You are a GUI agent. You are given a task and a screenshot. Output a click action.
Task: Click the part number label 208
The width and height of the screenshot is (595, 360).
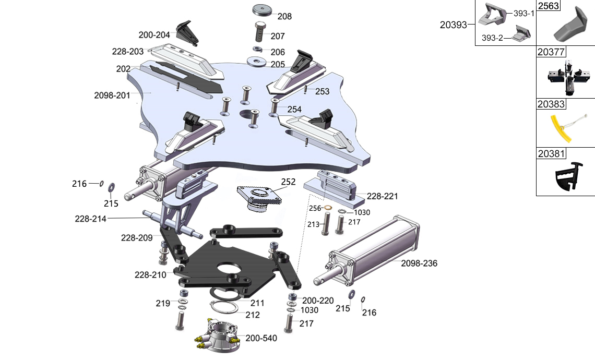(x=284, y=16)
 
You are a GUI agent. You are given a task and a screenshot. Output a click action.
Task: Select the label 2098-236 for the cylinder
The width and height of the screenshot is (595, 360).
(x=419, y=263)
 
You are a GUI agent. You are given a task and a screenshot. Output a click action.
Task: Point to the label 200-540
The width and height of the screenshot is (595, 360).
(x=261, y=338)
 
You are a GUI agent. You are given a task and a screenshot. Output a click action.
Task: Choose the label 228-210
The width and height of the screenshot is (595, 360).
(x=150, y=274)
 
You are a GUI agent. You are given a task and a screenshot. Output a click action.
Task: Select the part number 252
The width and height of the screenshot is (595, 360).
(x=288, y=182)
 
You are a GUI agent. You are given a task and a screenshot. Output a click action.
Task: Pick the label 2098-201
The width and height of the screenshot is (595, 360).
(x=112, y=95)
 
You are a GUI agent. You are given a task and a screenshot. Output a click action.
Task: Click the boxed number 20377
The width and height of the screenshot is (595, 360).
(x=551, y=52)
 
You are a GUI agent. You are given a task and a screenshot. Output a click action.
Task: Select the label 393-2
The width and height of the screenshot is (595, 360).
(x=492, y=38)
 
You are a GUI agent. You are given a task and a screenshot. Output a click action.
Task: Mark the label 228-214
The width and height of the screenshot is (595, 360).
(x=90, y=219)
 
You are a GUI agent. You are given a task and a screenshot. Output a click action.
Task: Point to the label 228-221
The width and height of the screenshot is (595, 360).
(x=383, y=196)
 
